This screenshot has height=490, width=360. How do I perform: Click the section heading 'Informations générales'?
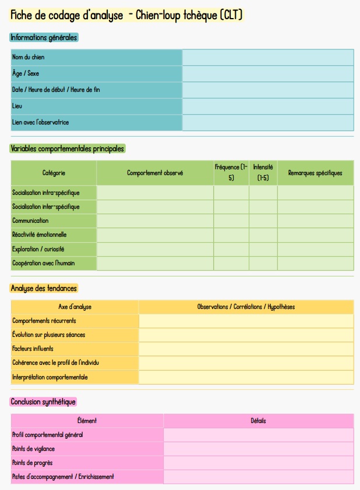(x=44, y=37)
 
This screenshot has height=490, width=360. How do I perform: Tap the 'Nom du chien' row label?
(x=28, y=57)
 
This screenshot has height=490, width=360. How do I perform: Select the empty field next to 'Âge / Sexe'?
(x=268, y=73)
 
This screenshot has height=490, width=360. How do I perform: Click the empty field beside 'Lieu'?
(x=268, y=106)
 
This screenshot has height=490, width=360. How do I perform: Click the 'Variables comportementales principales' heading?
(x=68, y=148)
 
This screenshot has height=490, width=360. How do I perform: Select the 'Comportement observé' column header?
(x=155, y=173)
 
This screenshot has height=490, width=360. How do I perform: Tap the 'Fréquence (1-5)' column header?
(x=231, y=172)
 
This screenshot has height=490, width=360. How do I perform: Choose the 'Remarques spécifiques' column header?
(x=315, y=173)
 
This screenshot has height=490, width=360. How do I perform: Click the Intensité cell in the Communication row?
(x=263, y=221)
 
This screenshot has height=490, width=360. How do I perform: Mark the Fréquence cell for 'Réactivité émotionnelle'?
(x=231, y=235)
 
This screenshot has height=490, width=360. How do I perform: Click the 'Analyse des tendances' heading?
(x=44, y=288)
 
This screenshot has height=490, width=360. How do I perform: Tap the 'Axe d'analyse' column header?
(x=75, y=307)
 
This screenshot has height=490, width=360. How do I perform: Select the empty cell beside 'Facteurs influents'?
(x=246, y=349)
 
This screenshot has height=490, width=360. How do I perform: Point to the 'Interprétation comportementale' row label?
(x=50, y=377)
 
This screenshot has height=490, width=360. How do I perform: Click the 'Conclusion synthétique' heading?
(x=43, y=402)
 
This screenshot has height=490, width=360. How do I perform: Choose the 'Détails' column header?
(x=258, y=420)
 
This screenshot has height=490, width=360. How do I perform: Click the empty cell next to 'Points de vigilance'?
(x=258, y=449)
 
